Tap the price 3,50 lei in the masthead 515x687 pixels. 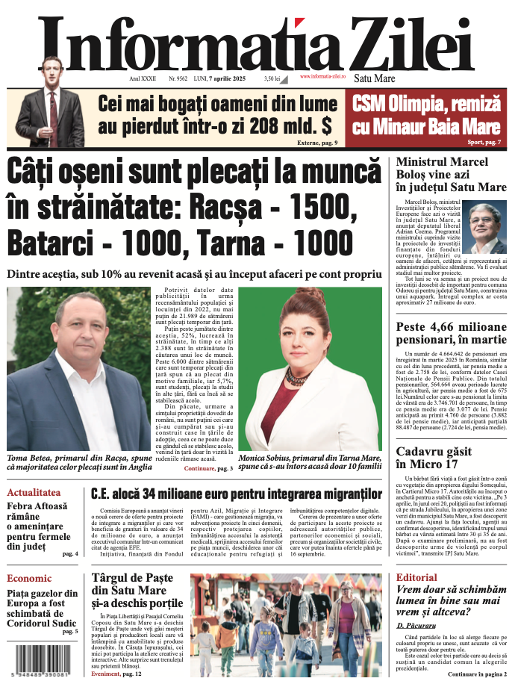coord(272,77)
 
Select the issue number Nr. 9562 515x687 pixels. coord(178,77)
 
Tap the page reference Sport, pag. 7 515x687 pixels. coord(483,141)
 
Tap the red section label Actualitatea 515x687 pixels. coord(34,493)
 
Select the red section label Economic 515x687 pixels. coord(29,578)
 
